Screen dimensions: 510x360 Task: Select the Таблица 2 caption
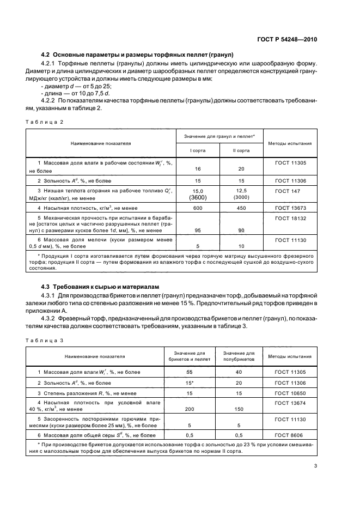45,122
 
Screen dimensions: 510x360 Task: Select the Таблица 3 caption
45,341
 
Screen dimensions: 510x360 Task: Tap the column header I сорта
197,150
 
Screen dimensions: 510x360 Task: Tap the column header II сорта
241,150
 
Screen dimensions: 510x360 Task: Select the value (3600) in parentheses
197,198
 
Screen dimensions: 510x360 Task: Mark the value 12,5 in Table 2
241,191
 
